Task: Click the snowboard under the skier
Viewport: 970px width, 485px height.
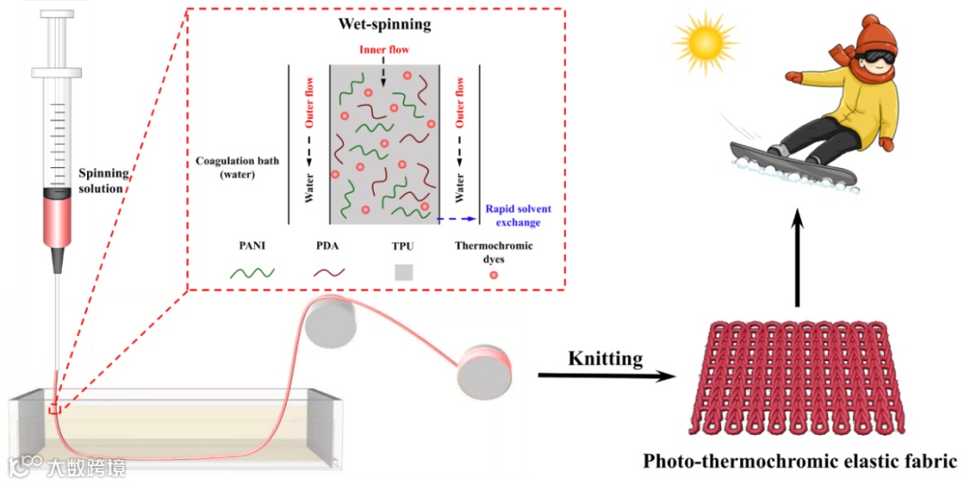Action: click(790, 166)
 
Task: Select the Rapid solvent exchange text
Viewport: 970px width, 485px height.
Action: click(518, 216)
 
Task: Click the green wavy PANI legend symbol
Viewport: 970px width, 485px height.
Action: click(252, 272)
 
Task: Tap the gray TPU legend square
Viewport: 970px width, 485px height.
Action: click(403, 272)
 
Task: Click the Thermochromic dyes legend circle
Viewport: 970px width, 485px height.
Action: click(493, 275)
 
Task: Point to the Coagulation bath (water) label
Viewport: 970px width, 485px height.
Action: click(237, 168)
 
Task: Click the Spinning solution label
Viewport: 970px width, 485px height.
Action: click(103, 180)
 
